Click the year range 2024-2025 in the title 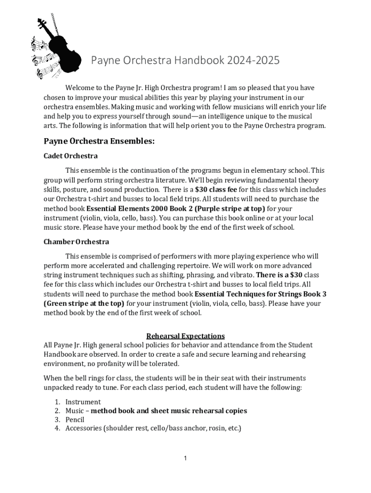(x=253, y=61)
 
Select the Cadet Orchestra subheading (x=70, y=156)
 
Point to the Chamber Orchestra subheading (x=76, y=242)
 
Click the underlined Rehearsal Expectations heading (x=185, y=336)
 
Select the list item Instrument (x=83, y=402)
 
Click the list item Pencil (x=75, y=420)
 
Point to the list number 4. (x=56, y=428)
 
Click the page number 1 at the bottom (x=185, y=458)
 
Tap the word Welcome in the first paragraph (x=81, y=88)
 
